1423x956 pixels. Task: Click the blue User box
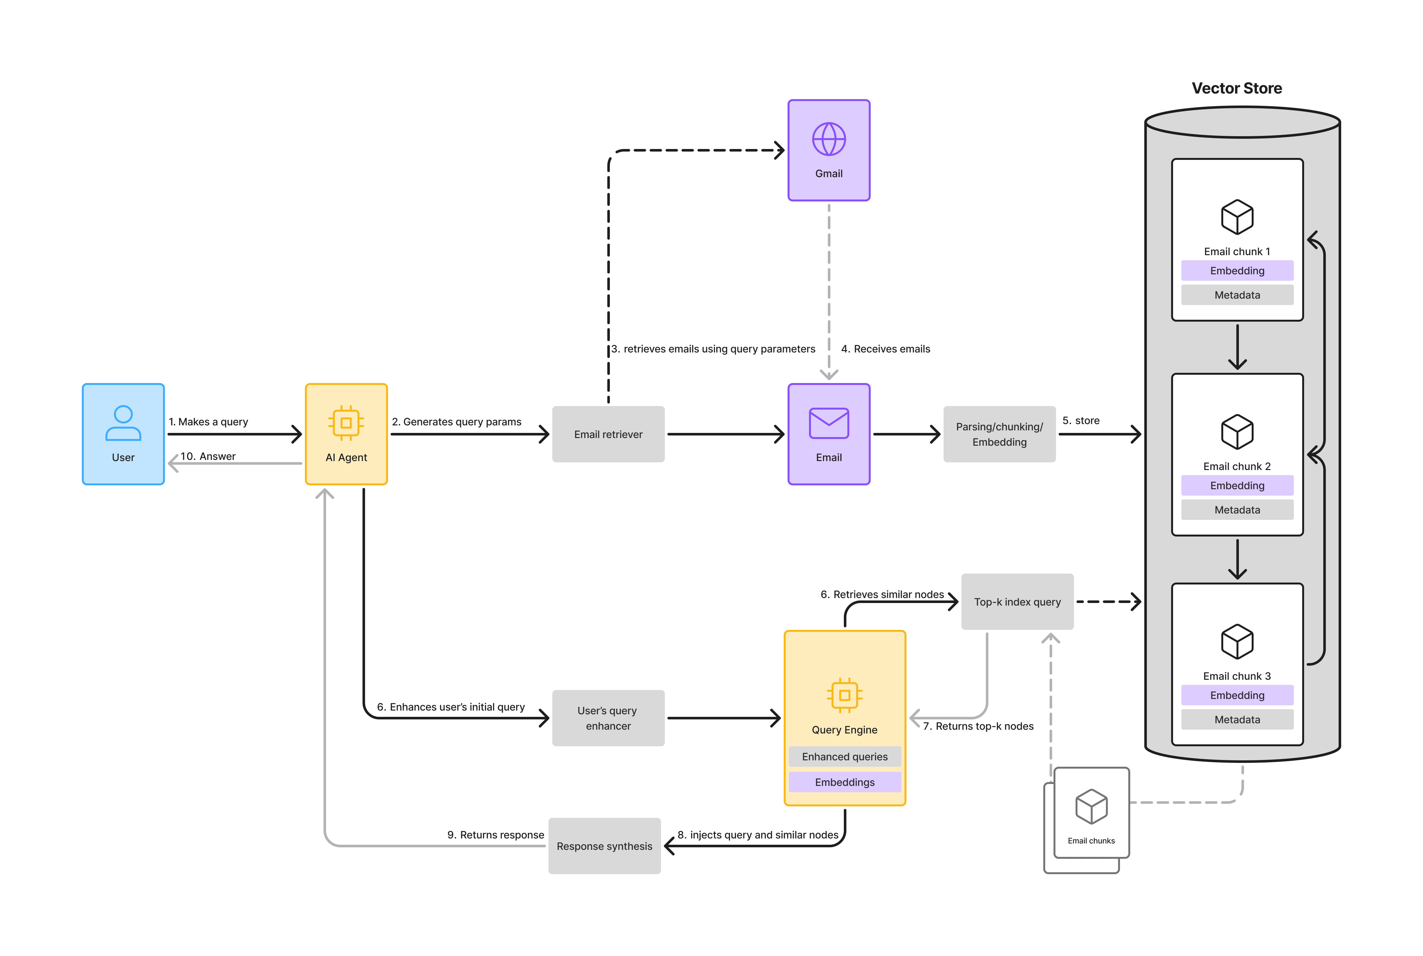[123, 434]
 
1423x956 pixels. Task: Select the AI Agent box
[346, 434]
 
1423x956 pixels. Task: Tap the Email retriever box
[608, 434]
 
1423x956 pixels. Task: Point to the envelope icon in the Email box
[829, 423]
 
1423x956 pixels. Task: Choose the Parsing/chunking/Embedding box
[999, 434]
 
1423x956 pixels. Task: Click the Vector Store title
[1237, 88]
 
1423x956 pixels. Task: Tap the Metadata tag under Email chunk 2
[1237, 510]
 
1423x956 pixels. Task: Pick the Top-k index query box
[1017, 602]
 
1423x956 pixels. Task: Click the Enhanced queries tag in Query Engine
[845, 756]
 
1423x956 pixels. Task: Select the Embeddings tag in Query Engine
[845, 782]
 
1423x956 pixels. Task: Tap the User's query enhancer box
[608, 718]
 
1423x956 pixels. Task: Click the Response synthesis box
[604, 846]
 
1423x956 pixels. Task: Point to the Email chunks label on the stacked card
[1091, 841]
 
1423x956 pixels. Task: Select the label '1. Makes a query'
[208, 422]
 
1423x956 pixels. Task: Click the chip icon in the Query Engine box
[845, 695]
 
